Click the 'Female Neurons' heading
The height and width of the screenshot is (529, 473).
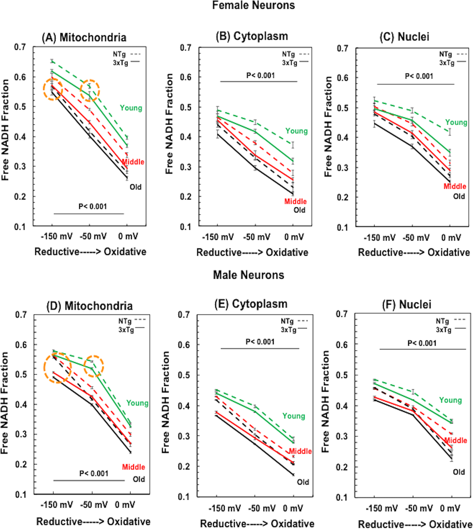[x=253, y=5]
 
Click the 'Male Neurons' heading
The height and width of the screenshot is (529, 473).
[x=248, y=275]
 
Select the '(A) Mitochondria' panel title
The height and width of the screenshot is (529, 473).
[x=84, y=38]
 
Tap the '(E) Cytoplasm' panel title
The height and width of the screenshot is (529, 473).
[x=251, y=304]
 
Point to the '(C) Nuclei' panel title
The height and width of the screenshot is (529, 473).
[x=404, y=37]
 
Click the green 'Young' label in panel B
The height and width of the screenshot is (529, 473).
[x=296, y=131]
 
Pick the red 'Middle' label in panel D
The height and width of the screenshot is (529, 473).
[x=133, y=467]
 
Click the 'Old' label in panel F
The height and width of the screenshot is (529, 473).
[x=459, y=472]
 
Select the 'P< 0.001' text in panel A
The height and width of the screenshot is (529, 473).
[x=93, y=206]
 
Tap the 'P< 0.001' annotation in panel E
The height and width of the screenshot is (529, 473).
[x=260, y=342]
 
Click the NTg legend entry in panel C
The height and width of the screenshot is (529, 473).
[x=446, y=54]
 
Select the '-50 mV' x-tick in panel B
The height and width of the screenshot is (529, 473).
[x=257, y=237]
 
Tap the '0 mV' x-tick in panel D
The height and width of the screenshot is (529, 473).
[x=125, y=505]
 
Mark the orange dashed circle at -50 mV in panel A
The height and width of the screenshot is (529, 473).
[x=90, y=90]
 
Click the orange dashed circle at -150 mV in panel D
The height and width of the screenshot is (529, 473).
[x=58, y=368]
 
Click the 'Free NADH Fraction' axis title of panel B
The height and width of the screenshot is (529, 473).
[x=169, y=124]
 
